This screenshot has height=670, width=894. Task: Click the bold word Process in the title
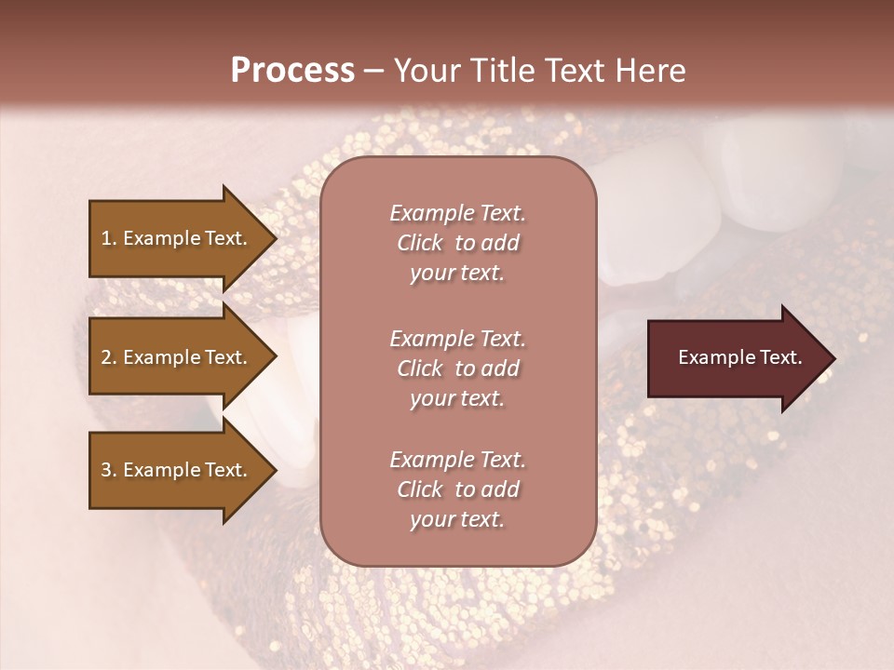(292, 71)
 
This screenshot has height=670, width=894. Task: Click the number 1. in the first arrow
(109, 238)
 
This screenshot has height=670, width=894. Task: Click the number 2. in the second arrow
(109, 357)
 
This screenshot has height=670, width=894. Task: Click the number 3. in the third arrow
(109, 470)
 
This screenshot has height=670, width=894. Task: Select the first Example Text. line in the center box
(457, 213)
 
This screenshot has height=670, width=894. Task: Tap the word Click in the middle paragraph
(420, 368)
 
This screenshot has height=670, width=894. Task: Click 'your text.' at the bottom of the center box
(457, 520)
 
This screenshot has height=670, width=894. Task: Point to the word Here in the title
(655, 71)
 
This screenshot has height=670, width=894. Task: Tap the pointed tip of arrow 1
(275, 238)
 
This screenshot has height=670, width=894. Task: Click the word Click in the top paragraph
(420, 243)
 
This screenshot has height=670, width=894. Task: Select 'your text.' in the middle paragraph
(457, 398)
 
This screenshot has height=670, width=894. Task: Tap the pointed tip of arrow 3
(275, 470)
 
